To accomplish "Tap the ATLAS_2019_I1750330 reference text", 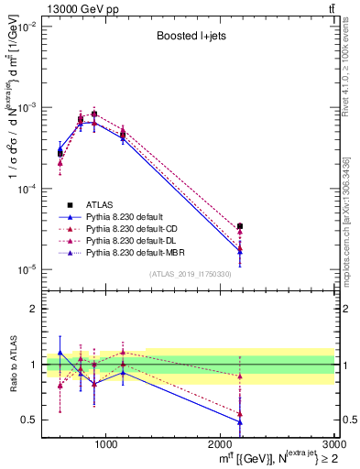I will (x=189, y=274).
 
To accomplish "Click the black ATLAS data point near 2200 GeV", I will (x=240, y=225).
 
